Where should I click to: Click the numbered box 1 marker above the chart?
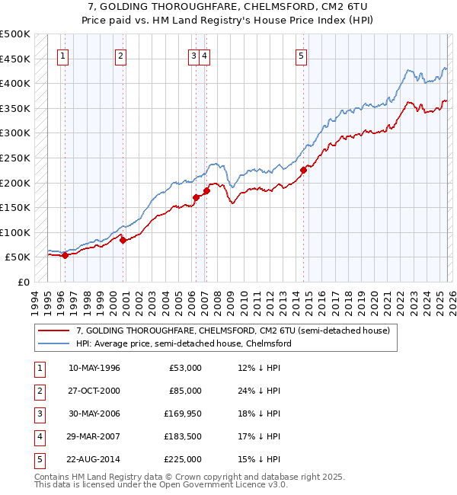coord(62,55)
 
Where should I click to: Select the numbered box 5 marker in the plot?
coord(302,55)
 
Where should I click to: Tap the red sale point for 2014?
coord(303,171)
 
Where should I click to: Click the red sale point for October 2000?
coord(123,240)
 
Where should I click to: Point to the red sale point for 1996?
coord(65,256)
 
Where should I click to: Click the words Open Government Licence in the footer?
coord(206,484)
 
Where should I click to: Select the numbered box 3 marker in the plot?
coord(193,55)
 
